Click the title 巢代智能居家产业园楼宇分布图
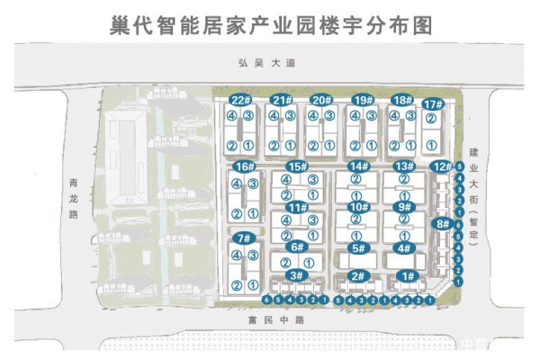[270, 24]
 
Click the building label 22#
[240, 100]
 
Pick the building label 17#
[433, 104]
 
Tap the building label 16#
[243, 166]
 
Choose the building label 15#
[297, 166]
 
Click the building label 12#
[441, 166]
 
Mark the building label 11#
[297, 208]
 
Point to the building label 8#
[441, 224]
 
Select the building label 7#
[241, 238]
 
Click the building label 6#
[297, 247]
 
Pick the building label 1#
[408, 275]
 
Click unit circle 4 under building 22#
[231, 117]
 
